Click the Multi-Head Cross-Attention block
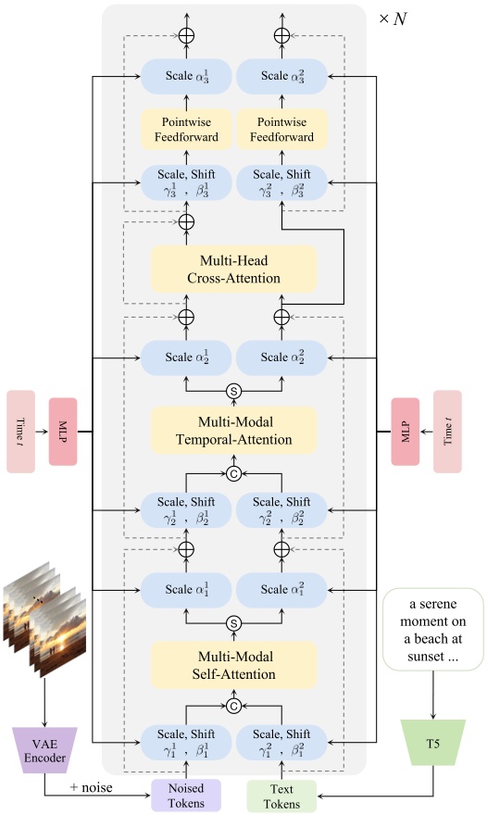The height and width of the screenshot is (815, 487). coord(234,268)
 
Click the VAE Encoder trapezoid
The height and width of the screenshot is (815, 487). coord(44,744)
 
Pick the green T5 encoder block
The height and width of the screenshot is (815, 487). coord(432,745)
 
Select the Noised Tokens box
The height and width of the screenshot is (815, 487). coord(186,794)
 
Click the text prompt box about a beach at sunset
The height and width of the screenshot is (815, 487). coord(432,629)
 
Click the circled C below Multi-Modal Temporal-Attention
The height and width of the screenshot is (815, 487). coord(234,476)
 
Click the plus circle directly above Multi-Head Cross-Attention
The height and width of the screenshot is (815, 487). coord(186,222)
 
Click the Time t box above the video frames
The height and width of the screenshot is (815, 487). coord(20,432)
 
